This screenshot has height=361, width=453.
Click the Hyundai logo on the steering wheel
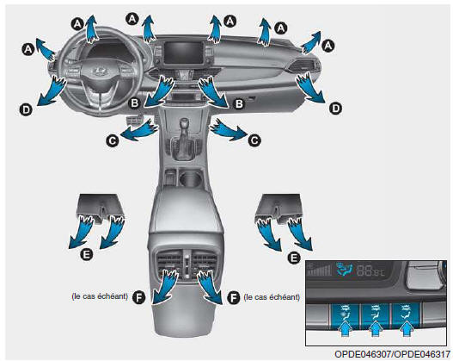click(x=98, y=70)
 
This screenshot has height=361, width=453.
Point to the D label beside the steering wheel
click(x=27, y=109)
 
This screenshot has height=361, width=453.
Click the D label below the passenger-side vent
click(x=335, y=109)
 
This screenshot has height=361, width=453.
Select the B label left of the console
click(x=134, y=103)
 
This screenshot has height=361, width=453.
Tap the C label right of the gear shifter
click(x=254, y=140)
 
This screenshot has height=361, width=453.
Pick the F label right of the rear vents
click(x=234, y=297)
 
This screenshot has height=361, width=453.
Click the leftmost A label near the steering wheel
click(x=28, y=49)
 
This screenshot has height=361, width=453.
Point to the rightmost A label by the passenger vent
click(x=328, y=46)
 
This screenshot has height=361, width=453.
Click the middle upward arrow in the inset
click(x=376, y=329)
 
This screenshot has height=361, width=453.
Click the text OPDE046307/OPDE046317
click(x=392, y=354)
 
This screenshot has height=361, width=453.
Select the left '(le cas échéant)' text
click(x=100, y=296)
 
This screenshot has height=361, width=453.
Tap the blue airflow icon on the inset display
click(x=345, y=269)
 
